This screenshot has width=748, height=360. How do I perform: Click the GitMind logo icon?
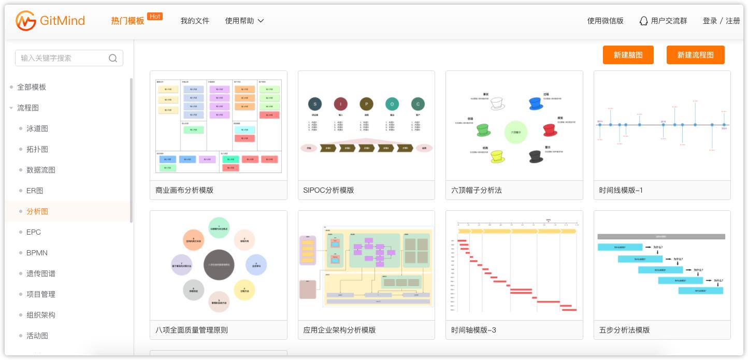coord(26,21)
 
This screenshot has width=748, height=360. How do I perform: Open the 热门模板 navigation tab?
coord(127,21)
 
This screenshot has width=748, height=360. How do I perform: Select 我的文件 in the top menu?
coord(195,21)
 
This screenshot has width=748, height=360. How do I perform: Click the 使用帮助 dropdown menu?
coord(244,21)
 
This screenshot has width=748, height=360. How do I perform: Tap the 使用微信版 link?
coord(605,21)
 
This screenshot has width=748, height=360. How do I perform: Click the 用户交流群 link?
coord(664,21)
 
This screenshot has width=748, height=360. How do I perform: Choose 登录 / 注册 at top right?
coord(721,21)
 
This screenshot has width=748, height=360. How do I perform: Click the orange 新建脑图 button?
coord(628,55)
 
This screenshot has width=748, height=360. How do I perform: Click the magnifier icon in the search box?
coord(113,58)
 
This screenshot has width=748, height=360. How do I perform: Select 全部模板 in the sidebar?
coord(32,87)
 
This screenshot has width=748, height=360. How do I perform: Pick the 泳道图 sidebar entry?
coord(37,128)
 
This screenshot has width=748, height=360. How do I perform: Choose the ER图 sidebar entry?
coord(35,191)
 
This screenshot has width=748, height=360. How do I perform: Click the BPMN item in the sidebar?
coord(37,253)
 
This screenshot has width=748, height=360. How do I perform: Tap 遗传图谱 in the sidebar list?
coord(41,273)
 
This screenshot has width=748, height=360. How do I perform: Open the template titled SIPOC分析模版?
coord(328,190)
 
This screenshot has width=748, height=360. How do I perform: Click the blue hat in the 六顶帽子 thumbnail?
coord(535,103)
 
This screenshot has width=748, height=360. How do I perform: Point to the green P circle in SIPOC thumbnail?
coord(366,104)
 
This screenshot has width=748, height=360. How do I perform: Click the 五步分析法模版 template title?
coord(624,330)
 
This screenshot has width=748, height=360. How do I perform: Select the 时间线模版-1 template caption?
coord(621,190)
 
